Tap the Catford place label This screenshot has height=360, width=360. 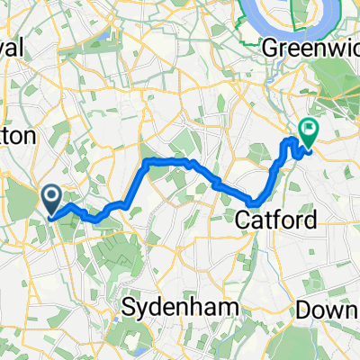tap(268, 219)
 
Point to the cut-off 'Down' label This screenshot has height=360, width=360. tap(327, 309)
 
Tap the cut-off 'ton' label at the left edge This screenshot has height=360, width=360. tap(16, 136)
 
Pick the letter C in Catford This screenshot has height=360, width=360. tap(242, 219)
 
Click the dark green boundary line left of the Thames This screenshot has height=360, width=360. tap(245, 22)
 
